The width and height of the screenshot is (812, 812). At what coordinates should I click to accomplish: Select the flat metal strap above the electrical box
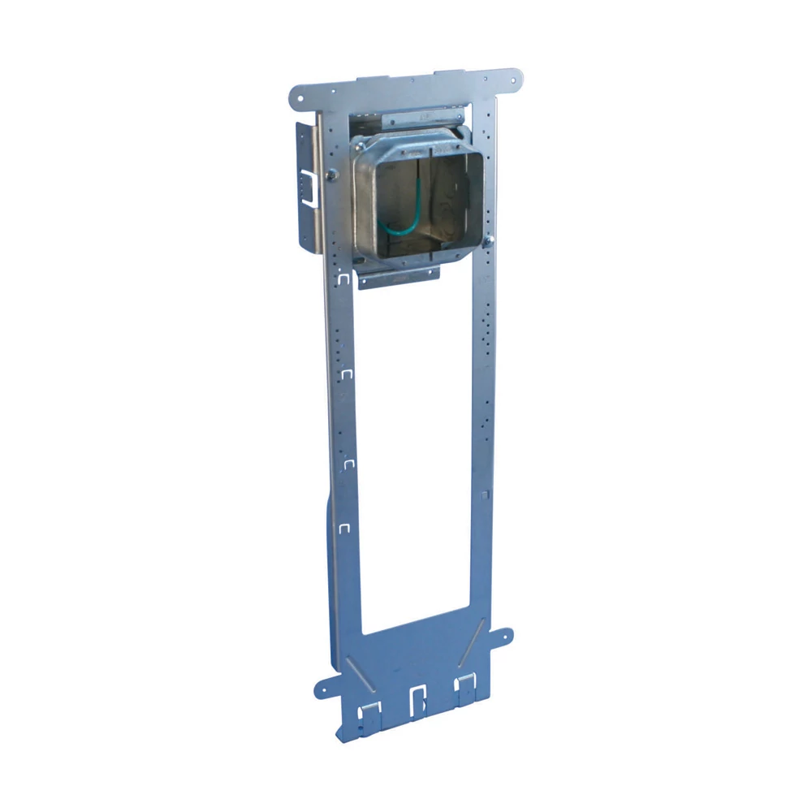click(422, 115)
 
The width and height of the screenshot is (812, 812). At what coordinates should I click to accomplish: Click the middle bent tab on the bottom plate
click(418, 700)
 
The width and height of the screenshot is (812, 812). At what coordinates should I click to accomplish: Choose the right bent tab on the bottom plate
click(464, 688)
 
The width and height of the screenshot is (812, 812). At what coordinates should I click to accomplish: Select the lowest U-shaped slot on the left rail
click(344, 527)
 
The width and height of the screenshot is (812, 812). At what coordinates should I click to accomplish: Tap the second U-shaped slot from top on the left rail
click(348, 373)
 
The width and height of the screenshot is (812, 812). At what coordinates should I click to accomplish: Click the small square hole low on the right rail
click(484, 493)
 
